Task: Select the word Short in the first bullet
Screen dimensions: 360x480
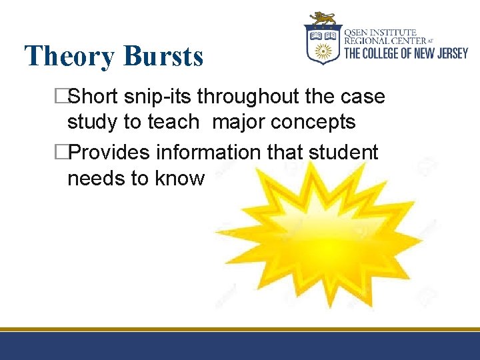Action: click(93, 97)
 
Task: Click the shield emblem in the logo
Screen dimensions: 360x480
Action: click(323, 43)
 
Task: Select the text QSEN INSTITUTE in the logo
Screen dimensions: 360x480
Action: click(381, 32)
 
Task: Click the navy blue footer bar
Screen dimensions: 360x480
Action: click(240, 346)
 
